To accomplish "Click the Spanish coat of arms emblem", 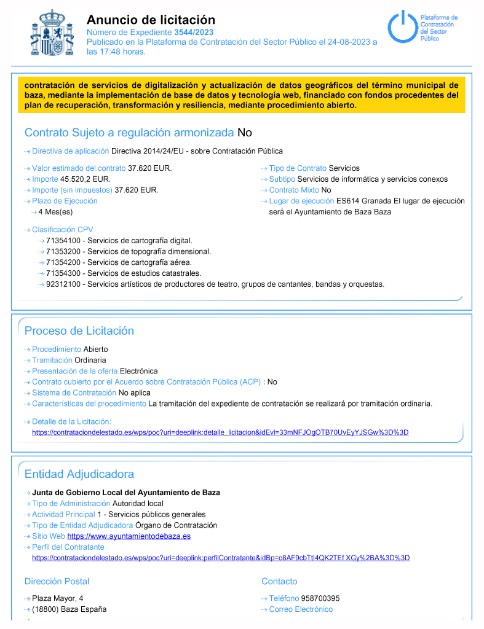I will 52,33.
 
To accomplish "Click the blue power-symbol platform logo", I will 401,26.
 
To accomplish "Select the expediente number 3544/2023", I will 194,32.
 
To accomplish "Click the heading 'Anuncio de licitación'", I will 151,20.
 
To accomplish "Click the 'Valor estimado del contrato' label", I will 79,168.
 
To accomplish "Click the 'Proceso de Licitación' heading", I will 79,330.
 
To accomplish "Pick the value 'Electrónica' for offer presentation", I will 138,371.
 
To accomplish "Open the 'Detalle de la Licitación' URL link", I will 220,432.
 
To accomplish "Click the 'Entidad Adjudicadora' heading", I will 79,474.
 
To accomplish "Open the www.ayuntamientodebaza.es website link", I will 129,536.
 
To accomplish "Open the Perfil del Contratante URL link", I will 221,558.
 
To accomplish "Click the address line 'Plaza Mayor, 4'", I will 58,598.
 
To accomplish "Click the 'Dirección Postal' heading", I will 57,581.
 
